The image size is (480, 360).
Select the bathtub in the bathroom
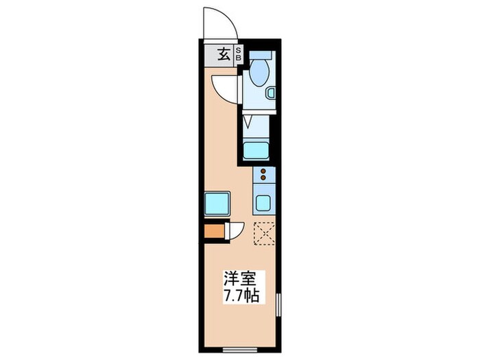tap(259, 149)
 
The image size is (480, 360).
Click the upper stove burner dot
tap(263, 169)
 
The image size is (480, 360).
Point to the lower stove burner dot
tap(263, 178)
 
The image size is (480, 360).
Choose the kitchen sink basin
tap(264, 203)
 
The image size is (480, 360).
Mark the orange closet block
tap(215, 232)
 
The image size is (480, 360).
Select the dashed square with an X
tap(265, 233)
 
